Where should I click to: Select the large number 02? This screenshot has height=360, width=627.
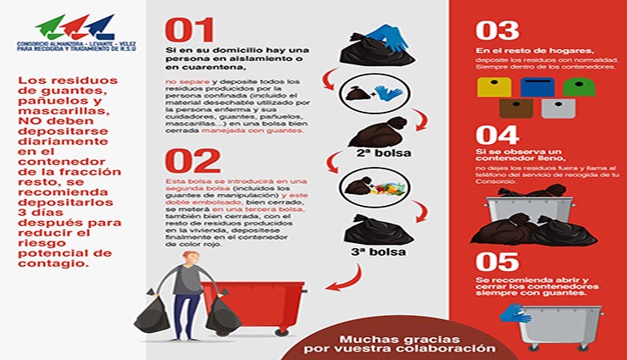click(x=192, y=160)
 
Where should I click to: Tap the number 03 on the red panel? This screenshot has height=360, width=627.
click(x=497, y=30)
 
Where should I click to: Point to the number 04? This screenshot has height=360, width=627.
click(x=498, y=136)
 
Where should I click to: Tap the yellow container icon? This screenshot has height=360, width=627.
click(x=494, y=87)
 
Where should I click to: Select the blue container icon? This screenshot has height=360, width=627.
click(x=536, y=87)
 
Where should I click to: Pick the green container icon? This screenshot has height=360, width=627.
click(x=579, y=87)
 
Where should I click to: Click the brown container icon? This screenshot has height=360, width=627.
click(x=515, y=108)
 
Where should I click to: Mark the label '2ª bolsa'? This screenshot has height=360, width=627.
click(x=373, y=155)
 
